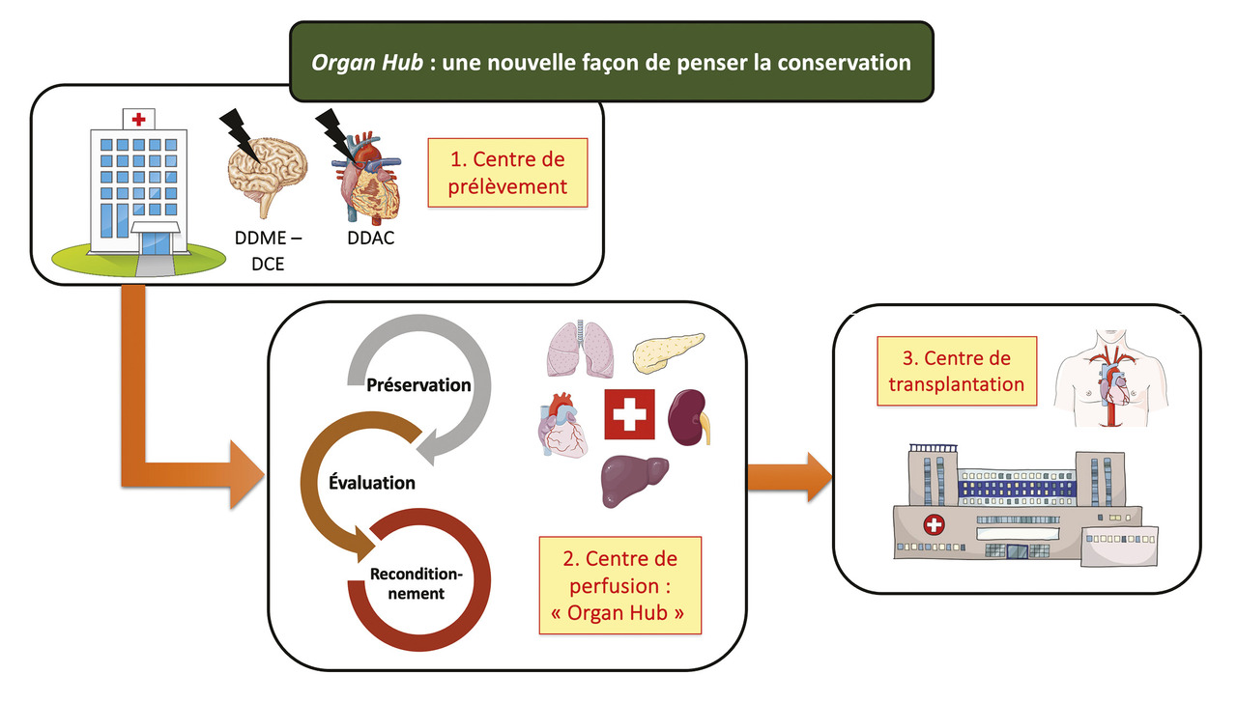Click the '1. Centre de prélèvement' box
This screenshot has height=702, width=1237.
coord(507,173)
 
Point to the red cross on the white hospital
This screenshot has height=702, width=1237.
coord(140,119)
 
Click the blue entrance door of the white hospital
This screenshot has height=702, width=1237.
coord(156,241)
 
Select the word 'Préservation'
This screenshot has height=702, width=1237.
coord(418,384)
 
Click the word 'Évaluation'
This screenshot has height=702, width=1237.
coord(372,482)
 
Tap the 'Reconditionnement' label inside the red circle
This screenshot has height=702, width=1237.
coord(417,584)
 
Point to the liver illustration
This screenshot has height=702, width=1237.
coord(634,479)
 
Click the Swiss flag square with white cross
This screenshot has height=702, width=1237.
coord(629,416)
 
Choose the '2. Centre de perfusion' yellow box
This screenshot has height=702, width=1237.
coord(618,585)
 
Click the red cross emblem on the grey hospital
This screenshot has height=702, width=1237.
coord(934,526)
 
